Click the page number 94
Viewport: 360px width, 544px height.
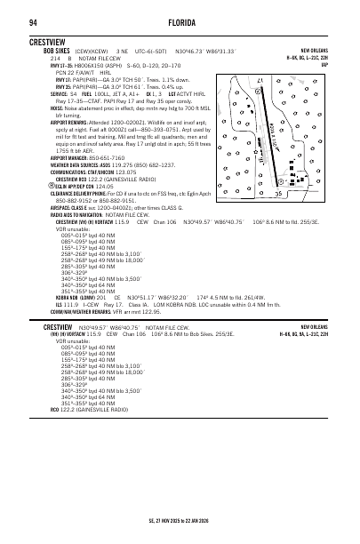point(33,20)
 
